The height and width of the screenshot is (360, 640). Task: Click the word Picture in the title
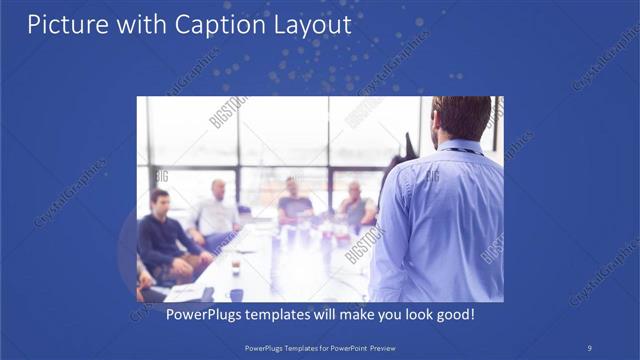pyautogui.click(x=61, y=24)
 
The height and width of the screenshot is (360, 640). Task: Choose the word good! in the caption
pyautogui.click(x=453, y=314)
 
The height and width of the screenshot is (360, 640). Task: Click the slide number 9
pyautogui.click(x=589, y=347)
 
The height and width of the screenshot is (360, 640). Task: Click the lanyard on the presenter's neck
pyautogui.click(x=466, y=151)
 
